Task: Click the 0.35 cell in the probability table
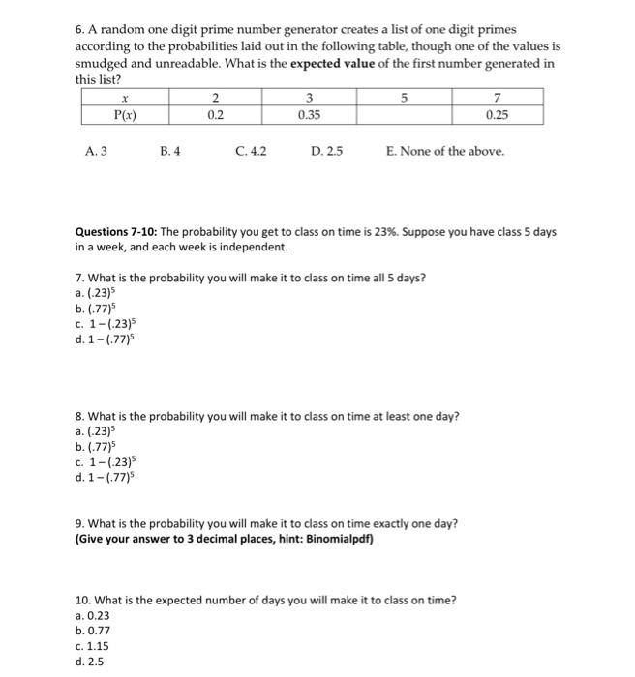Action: click(x=309, y=113)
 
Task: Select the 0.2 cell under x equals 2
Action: click(x=215, y=113)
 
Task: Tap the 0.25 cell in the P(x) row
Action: click(x=496, y=113)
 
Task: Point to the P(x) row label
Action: click(x=123, y=113)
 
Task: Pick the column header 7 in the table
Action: click(x=496, y=98)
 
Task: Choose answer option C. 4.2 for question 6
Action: click(x=251, y=151)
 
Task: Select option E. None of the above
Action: click(x=444, y=151)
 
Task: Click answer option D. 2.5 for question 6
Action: click(x=326, y=151)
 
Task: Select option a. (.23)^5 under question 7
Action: click(x=99, y=293)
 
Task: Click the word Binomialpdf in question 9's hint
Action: click(x=338, y=539)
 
